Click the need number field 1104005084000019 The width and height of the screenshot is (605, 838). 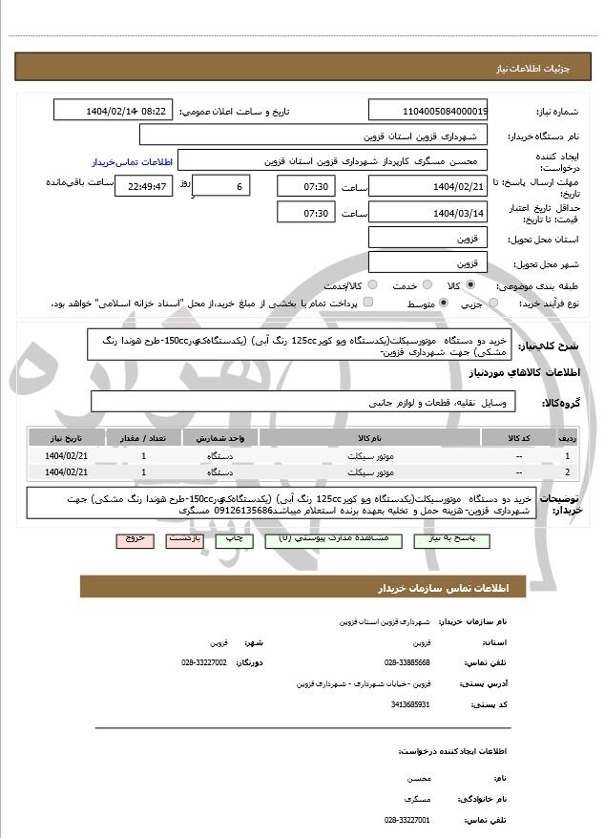(428, 111)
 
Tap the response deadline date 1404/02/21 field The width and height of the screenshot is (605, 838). (428, 186)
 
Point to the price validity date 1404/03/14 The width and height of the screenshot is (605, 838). (428, 213)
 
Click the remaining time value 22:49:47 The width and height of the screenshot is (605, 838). (142, 186)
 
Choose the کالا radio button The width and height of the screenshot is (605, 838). (470, 285)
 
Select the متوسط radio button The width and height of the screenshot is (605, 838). (443, 304)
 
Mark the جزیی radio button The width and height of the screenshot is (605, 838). (493, 304)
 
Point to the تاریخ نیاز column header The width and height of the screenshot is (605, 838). (65, 438)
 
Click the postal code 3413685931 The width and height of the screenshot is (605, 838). (411, 704)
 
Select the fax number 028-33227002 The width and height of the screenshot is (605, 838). (204, 661)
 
